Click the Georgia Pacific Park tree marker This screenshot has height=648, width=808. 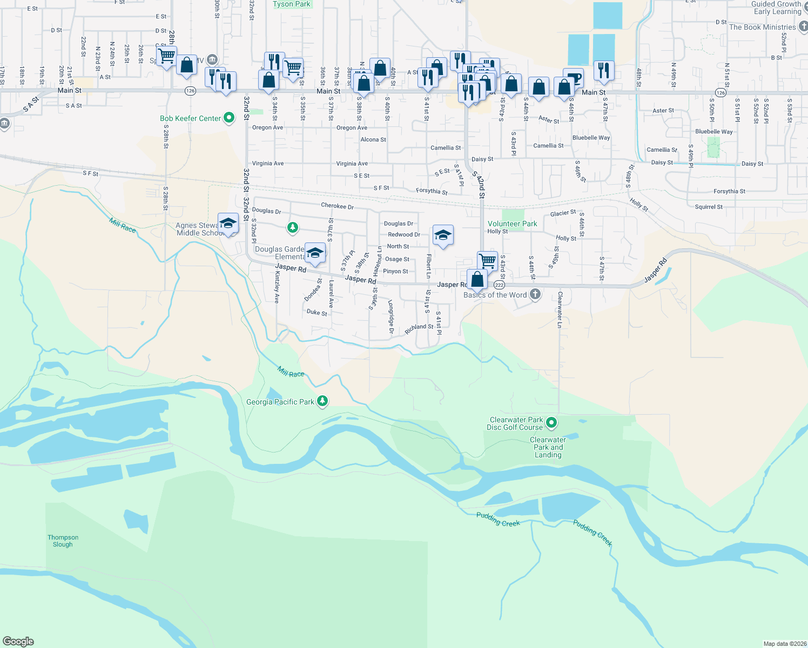pyautogui.click(x=322, y=401)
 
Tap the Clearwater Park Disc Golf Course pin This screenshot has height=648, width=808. pyautogui.click(x=551, y=423)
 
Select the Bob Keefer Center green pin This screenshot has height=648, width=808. pyautogui.click(x=229, y=118)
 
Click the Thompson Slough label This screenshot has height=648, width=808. pyautogui.click(x=63, y=541)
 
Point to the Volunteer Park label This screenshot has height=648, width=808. pyautogui.click(x=512, y=224)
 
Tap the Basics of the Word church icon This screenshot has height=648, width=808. pyautogui.click(x=535, y=294)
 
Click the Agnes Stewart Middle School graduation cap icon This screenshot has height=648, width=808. pyautogui.click(x=228, y=223)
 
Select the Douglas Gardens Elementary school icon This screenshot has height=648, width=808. pyautogui.click(x=315, y=253)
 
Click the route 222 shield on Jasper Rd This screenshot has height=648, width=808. pyautogui.click(x=499, y=285)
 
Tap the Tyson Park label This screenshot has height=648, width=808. pyautogui.click(x=292, y=4)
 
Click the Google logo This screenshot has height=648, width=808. pyautogui.click(x=18, y=641)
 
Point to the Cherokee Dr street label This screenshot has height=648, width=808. pyautogui.click(x=337, y=206)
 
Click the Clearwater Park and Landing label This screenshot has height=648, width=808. pyautogui.click(x=548, y=447)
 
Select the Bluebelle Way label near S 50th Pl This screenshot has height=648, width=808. pyautogui.click(x=714, y=131)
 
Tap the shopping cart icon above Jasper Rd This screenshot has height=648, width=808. pyautogui.click(x=488, y=260)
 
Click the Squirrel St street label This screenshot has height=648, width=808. pyautogui.click(x=709, y=207)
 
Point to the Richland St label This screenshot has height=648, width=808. pyautogui.click(x=419, y=327)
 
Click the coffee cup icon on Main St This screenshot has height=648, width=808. pyautogui.click(x=574, y=78)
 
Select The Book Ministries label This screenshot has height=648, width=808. pyautogui.click(x=762, y=27)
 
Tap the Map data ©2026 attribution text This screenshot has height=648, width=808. pyautogui.click(x=784, y=644)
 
